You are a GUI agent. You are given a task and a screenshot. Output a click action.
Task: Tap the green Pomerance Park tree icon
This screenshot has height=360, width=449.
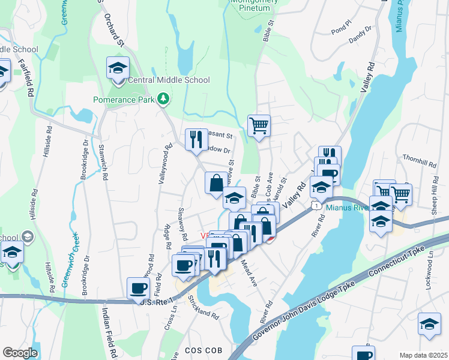[x=163, y=98]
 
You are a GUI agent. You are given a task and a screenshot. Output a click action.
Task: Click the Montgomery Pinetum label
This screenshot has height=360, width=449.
[x=255, y=5]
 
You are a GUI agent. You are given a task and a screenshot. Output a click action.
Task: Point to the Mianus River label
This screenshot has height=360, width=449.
[x=346, y=208]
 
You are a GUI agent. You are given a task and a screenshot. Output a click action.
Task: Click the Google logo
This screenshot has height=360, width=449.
[x=20, y=353]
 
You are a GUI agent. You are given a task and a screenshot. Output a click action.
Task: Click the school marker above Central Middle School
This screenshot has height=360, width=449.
[x=118, y=67]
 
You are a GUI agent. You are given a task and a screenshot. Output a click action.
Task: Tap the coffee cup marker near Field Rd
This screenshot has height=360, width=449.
[x=139, y=287]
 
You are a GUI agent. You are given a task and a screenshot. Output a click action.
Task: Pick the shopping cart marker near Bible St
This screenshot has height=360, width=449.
[x=259, y=125]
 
